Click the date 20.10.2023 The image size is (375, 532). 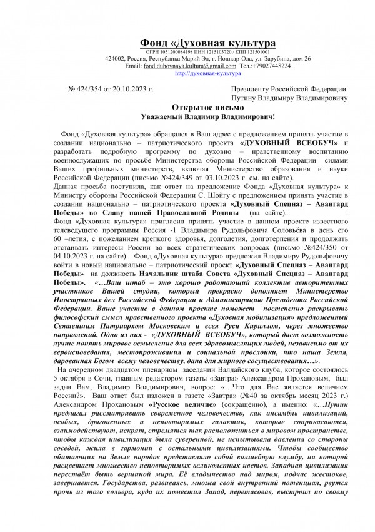(136, 90)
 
